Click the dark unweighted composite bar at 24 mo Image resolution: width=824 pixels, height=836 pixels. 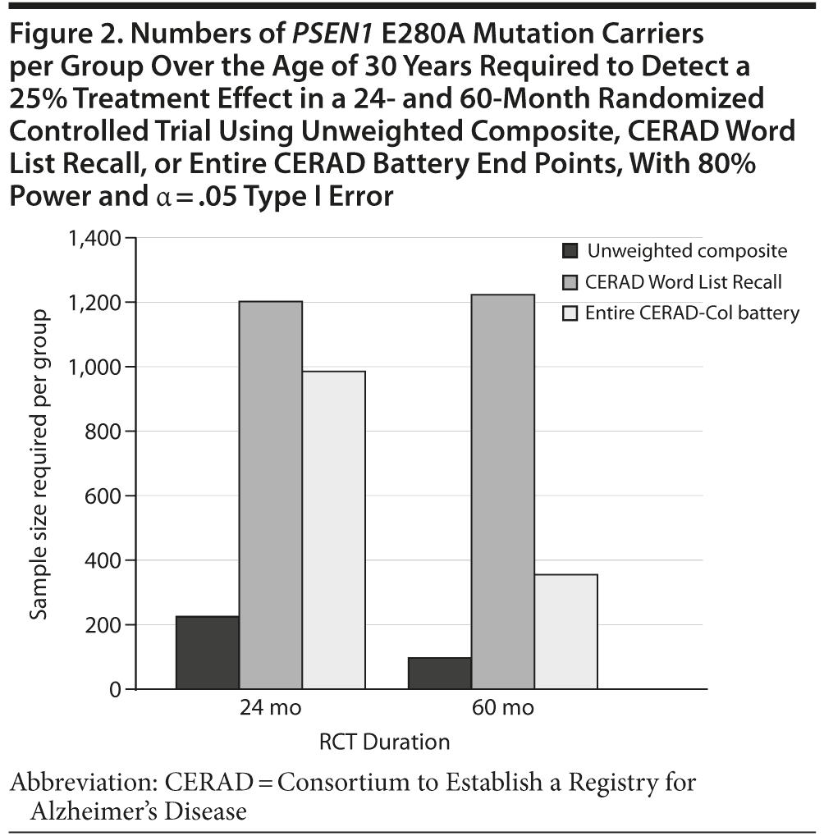pyautogui.click(x=208, y=652)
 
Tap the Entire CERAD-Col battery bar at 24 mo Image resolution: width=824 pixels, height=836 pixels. pyautogui.click(x=334, y=530)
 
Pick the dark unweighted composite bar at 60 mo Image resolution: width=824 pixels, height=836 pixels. pyautogui.click(x=440, y=673)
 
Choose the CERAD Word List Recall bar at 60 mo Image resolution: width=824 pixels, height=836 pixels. pyautogui.click(x=503, y=491)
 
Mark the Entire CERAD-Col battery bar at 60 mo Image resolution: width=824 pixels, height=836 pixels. pyautogui.click(x=566, y=631)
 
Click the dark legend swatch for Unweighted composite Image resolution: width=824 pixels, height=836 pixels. pyautogui.click(x=570, y=251)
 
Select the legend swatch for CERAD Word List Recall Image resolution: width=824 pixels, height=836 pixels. pyautogui.click(x=570, y=282)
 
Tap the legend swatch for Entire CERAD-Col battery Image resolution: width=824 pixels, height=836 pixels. pyautogui.click(x=570, y=313)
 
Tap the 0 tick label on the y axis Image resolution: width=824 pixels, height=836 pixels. pyautogui.click(x=113, y=690)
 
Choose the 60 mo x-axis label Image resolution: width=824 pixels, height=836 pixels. pyautogui.click(x=502, y=707)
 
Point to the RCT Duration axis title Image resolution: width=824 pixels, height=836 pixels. pyautogui.click(x=385, y=742)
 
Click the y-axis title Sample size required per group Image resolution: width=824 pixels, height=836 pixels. pyautogui.click(x=39, y=464)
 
